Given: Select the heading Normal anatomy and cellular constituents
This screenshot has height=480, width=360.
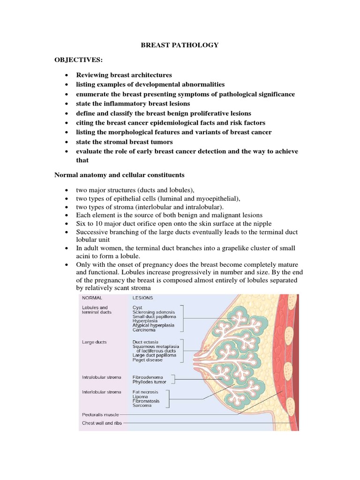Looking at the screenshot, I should click(119, 175).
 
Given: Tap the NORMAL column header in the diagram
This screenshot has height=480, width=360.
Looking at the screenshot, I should click(92, 297).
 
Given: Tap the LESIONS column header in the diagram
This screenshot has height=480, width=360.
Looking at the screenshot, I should click(142, 297).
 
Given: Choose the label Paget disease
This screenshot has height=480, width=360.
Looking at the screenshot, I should click(148, 360).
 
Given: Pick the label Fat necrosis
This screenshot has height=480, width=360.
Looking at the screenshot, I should click(145, 392).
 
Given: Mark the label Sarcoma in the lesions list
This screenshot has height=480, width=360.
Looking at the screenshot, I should click(142, 405).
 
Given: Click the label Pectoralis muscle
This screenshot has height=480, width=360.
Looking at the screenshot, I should click(100, 415).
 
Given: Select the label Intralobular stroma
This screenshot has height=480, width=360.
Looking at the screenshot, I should click(102, 376).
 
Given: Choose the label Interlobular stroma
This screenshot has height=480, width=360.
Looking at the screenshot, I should click(102, 392).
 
